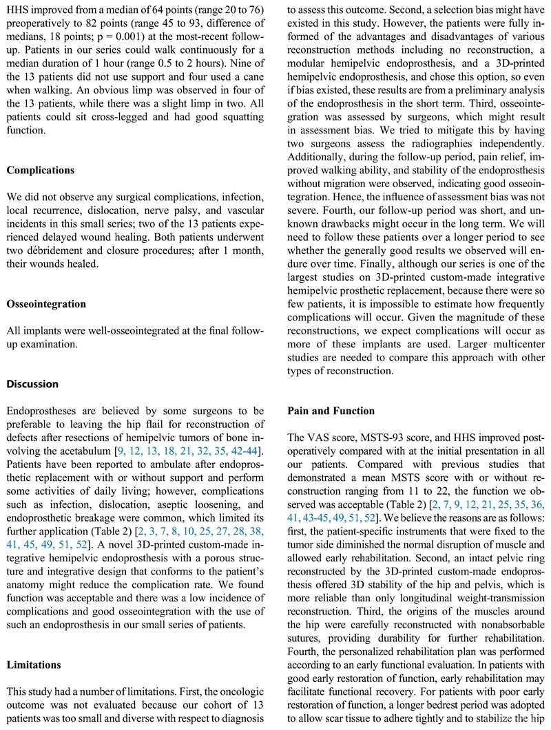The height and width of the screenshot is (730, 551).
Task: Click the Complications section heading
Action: (x=40, y=170)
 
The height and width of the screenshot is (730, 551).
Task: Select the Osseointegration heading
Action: (x=45, y=303)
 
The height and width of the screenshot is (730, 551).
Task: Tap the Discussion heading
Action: (x=32, y=384)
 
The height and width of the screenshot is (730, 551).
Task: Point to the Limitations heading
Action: (x=35, y=665)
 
